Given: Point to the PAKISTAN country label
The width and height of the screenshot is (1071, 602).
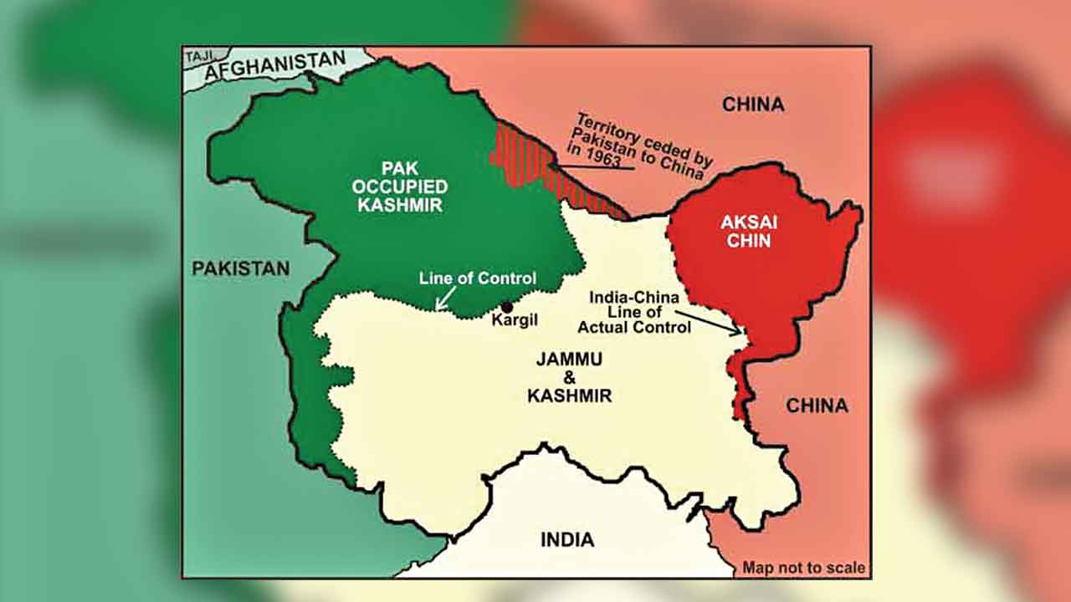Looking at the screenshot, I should tap(240, 268).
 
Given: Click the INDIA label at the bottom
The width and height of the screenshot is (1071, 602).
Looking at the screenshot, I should tap(566, 539).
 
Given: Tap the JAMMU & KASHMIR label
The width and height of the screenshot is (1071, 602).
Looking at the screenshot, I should tap(569, 377).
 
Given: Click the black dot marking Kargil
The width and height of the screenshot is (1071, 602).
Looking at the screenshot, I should tap(506, 307).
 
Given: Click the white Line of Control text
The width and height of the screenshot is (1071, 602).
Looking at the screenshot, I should tap(477, 278).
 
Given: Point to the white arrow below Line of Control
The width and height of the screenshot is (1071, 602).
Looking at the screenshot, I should tap(443, 298).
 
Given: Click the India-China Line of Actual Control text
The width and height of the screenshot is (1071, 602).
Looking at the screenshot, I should tap(640, 312).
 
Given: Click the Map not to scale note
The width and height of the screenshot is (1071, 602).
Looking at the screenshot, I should tap(803, 568).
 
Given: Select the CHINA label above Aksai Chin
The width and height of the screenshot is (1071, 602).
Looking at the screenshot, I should tap(753, 105).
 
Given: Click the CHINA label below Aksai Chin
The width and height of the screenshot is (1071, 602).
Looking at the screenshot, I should tap(816, 406).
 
